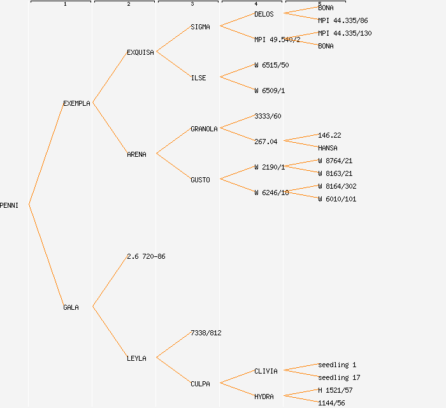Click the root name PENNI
10,205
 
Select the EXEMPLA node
76,103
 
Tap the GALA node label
71,307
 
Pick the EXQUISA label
140,52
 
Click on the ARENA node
136,154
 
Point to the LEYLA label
136,358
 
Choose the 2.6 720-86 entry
146,256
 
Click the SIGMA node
200,27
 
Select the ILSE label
198,78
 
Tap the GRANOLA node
204,129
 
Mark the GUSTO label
200,180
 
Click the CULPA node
200,384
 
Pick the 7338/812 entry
206,333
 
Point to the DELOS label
264,14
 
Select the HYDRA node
264,397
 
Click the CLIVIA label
266,371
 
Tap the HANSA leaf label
327,148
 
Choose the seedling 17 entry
339,377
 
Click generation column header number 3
192,4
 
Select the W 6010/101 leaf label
337,199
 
